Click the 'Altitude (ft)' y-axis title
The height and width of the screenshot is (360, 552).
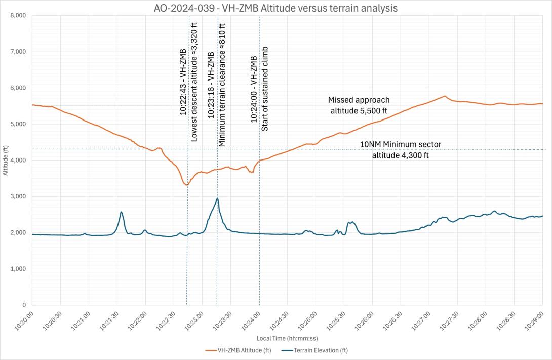tap(5, 160)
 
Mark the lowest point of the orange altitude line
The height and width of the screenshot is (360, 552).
tap(186, 185)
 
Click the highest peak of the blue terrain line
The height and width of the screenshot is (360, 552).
tap(217, 198)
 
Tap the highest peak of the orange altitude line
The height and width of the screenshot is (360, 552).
tap(445, 96)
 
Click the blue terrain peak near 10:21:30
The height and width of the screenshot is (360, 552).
tap(122, 212)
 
